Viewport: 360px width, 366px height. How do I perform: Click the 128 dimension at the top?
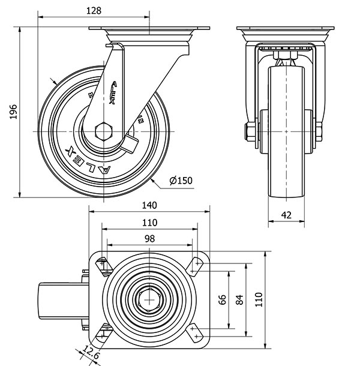92,10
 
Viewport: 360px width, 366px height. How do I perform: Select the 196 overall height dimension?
13,112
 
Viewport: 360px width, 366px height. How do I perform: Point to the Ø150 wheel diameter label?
181,181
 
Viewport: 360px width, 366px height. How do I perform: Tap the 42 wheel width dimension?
287,214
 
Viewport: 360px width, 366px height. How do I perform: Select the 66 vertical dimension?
221,299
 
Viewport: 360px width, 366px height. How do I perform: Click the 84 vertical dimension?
240,299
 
